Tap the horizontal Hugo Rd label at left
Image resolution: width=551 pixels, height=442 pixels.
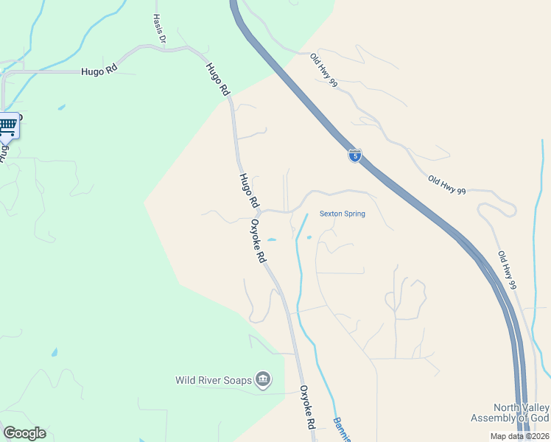point(100,72)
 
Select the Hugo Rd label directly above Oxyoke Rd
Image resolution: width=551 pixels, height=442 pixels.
point(248,190)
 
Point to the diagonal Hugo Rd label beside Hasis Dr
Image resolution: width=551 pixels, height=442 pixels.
point(217,80)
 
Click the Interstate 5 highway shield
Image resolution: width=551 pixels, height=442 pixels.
point(354,155)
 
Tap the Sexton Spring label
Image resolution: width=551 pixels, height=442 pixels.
point(342,214)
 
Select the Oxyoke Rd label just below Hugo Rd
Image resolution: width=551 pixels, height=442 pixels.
point(258,241)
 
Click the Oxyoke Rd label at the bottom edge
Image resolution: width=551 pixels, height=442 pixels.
point(307,407)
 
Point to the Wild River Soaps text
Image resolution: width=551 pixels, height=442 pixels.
point(214,381)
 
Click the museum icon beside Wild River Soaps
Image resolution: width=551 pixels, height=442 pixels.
point(263,380)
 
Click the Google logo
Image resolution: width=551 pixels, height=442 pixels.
point(24,433)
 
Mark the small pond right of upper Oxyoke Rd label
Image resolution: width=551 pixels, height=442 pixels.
point(272,240)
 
